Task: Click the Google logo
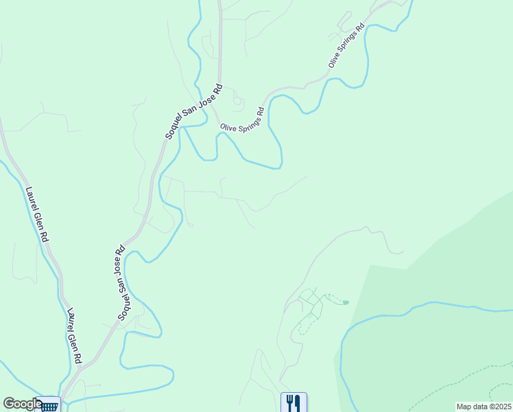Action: pos(23,404)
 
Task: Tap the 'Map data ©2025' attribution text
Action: pos(482,407)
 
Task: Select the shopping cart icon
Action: pos(49,405)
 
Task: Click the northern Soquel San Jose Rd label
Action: pos(194,112)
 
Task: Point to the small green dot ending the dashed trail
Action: pos(346,301)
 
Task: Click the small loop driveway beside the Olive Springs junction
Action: pos(238,100)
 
